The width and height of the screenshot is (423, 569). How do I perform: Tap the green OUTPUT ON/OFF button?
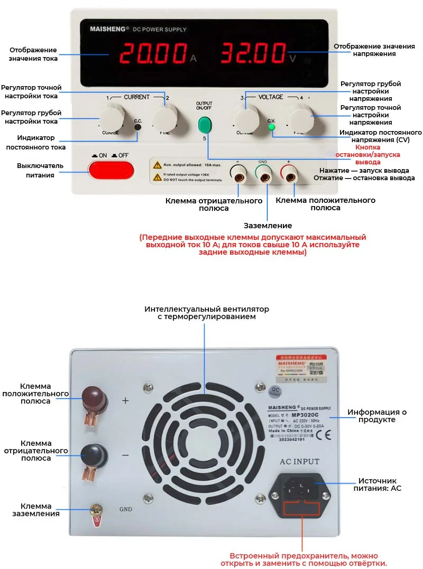pyautogui.click(x=204, y=125)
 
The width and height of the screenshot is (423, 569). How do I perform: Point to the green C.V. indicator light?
pyautogui.click(x=272, y=127)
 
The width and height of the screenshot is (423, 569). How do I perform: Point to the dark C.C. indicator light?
pyautogui.click(x=138, y=127)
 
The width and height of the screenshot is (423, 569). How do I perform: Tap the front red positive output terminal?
pyautogui.click(x=289, y=174)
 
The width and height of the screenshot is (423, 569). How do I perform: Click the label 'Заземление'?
pyautogui.click(x=268, y=226)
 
